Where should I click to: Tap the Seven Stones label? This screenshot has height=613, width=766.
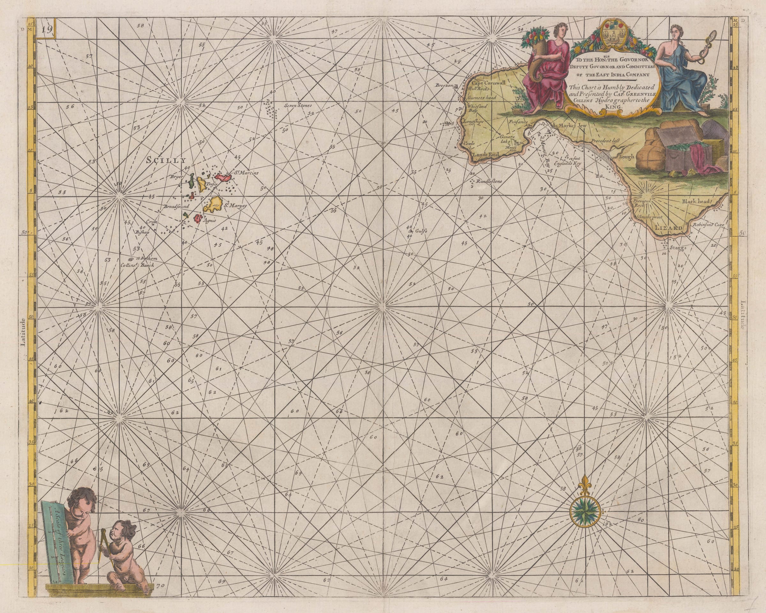pos(298,106)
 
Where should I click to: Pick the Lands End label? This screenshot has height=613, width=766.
pos(485,154)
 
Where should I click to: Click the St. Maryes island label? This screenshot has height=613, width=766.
pos(235,206)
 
